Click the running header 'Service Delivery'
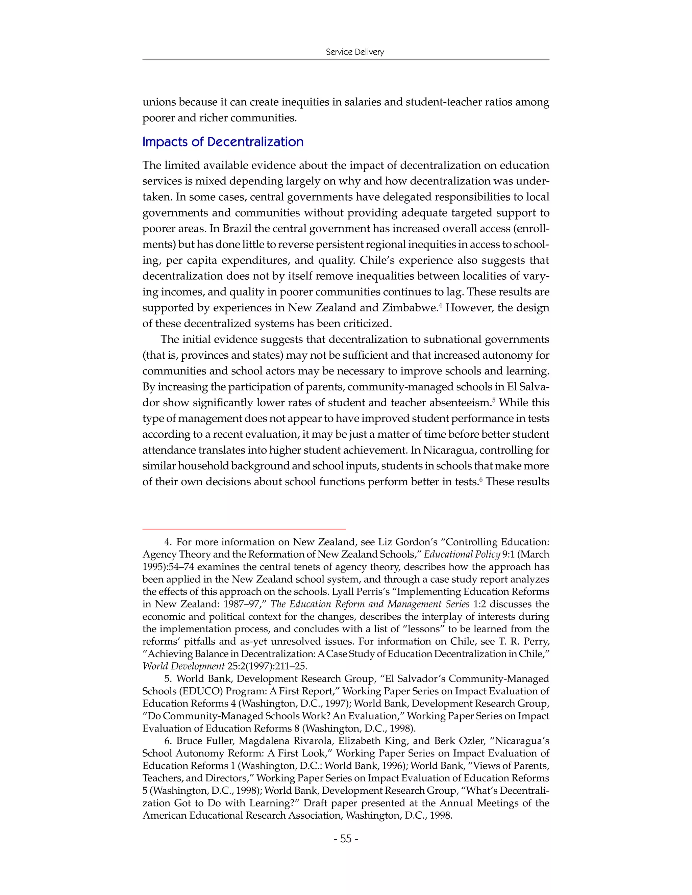point(354,52)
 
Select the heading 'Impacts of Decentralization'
point(223,142)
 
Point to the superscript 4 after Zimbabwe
point(440,305)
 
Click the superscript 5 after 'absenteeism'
point(494,400)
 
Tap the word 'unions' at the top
point(159,102)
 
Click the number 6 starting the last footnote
point(167,741)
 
